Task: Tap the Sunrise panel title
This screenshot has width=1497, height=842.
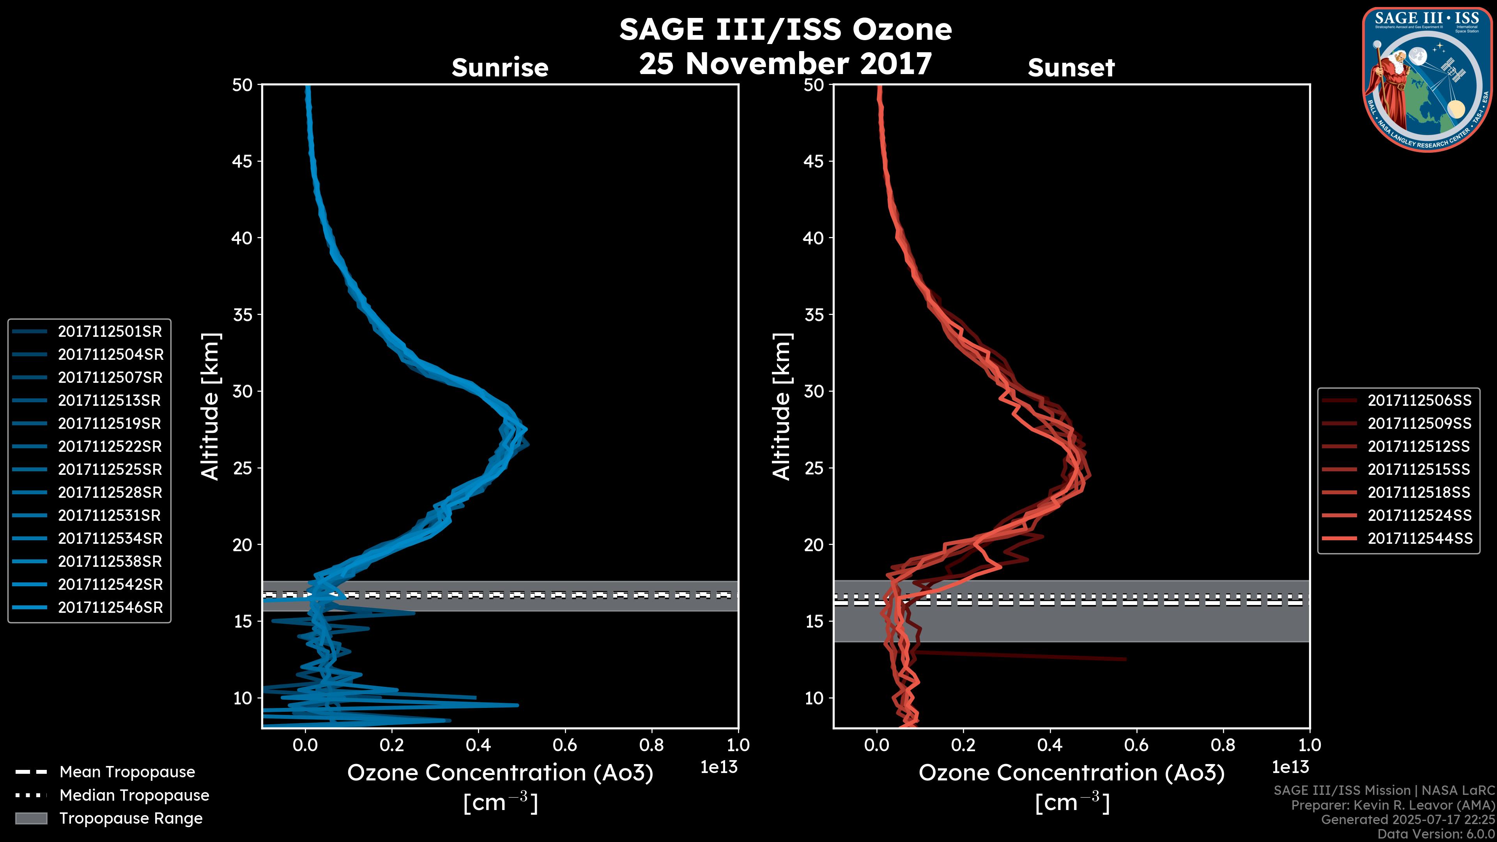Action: tap(500, 67)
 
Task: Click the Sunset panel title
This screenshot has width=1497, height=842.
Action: tap(1071, 67)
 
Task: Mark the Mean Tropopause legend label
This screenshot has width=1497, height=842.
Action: tap(127, 772)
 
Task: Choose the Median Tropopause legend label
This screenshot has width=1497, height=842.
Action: tap(134, 795)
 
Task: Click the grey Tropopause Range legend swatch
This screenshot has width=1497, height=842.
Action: tap(31, 818)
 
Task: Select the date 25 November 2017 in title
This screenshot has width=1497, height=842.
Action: tap(786, 63)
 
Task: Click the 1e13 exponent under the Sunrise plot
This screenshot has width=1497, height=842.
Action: tap(719, 767)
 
